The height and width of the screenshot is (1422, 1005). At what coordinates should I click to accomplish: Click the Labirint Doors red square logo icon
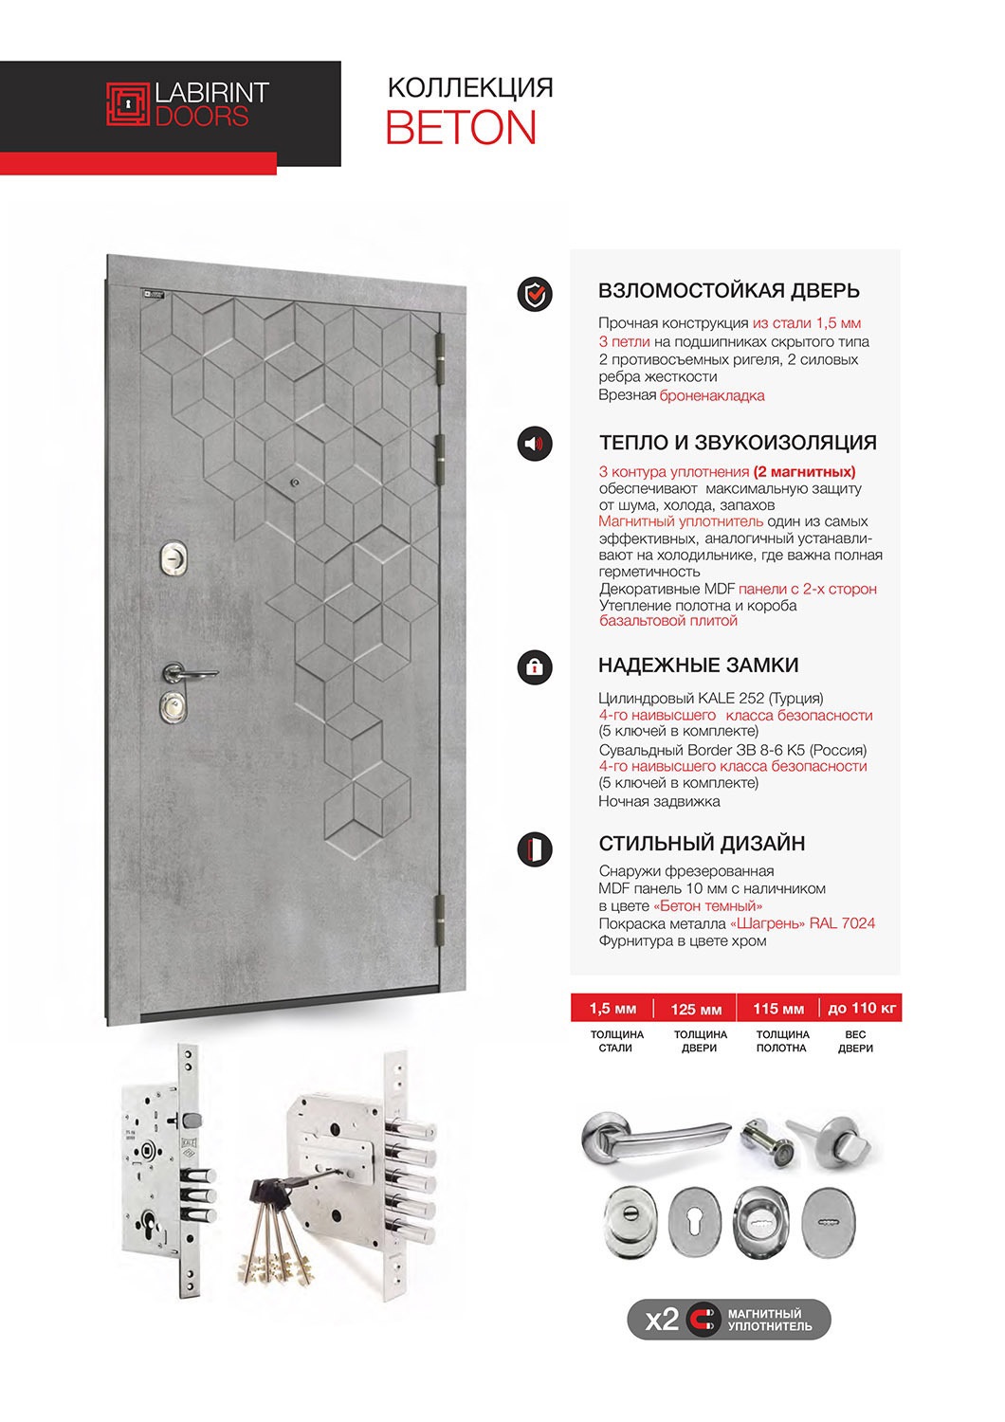click(127, 104)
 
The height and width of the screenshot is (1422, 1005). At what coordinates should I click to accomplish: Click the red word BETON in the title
click(461, 129)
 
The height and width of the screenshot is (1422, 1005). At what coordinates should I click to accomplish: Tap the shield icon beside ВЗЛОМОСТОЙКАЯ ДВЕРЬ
click(535, 295)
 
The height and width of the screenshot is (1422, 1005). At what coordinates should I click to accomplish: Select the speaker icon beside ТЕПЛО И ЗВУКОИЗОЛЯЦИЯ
click(535, 444)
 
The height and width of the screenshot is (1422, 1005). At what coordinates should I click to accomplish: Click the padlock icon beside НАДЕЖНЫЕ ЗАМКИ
click(535, 666)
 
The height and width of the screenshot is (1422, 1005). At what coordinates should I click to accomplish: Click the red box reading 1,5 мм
click(612, 1009)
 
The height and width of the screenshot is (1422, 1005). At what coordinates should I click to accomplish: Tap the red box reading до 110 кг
click(861, 1009)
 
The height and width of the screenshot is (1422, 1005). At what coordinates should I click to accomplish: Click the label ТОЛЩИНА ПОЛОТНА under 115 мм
click(782, 1041)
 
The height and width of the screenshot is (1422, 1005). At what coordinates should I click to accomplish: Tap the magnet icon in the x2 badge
click(703, 1319)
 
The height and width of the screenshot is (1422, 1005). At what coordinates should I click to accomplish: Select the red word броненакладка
click(712, 395)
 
